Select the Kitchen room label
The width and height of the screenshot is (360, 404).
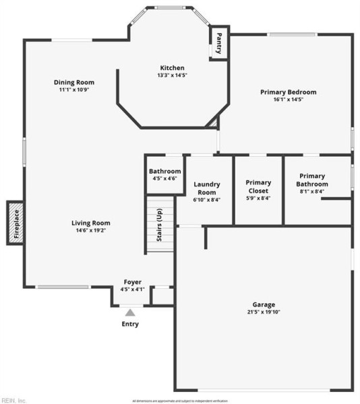[x=172, y=67]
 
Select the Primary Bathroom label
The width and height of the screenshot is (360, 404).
[x=313, y=180]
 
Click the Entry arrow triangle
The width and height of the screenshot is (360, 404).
[x=130, y=312]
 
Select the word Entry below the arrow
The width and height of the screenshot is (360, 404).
[x=130, y=324]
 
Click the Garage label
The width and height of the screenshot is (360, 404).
[x=264, y=304]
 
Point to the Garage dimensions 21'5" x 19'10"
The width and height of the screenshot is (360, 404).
[x=264, y=312]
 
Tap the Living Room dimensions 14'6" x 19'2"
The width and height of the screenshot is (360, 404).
[x=91, y=230]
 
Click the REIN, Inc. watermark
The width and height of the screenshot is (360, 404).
[x=13, y=400]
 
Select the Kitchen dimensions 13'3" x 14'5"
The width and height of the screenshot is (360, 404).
[x=172, y=75]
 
